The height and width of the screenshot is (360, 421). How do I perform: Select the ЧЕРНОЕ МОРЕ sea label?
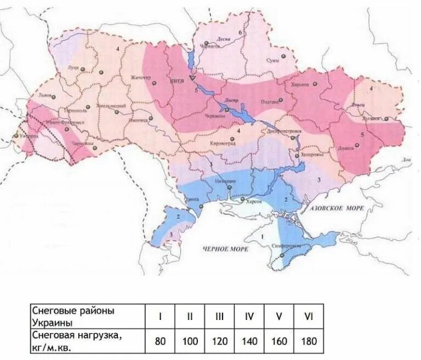225,249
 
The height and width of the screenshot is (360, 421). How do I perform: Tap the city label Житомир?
141,78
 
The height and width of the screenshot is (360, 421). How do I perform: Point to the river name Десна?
223,39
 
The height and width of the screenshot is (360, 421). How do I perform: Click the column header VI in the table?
308,316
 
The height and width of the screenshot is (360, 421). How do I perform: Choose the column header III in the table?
219,316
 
